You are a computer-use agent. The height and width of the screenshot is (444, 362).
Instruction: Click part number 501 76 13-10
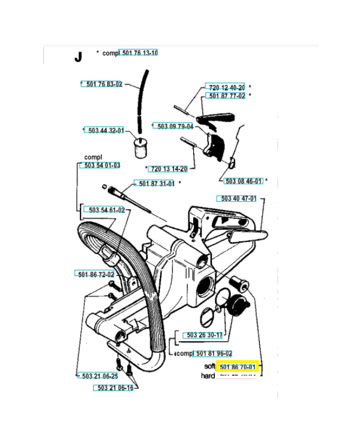pyautogui.click(x=139, y=53)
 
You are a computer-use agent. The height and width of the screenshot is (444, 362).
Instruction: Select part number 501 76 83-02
pyautogui.click(x=102, y=84)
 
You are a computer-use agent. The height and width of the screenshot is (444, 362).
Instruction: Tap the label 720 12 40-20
pyautogui.click(x=225, y=88)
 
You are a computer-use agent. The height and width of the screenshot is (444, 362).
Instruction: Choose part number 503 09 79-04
pyautogui.click(x=173, y=127)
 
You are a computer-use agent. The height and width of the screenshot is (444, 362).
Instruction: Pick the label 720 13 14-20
pyautogui.click(x=168, y=169)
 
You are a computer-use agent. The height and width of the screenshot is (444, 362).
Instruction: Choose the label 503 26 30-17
pyautogui.click(x=203, y=335)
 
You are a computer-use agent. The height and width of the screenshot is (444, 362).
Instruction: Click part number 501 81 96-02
pyautogui.click(x=213, y=354)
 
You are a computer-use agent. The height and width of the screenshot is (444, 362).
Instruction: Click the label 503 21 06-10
pyautogui.click(x=114, y=388)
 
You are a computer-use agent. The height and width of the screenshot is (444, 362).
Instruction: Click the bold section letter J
pyautogui.click(x=78, y=57)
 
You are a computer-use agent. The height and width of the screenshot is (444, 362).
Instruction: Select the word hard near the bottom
pyautogui.click(x=207, y=376)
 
